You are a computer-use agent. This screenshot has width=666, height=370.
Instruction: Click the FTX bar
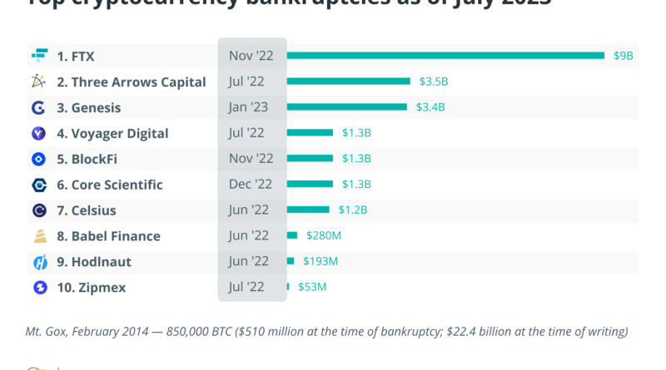click(445, 56)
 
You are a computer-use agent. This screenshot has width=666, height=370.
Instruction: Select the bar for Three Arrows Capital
click(349, 81)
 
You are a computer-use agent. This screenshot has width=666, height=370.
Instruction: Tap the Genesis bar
click(347, 107)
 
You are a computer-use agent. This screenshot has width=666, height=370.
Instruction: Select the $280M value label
click(324, 236)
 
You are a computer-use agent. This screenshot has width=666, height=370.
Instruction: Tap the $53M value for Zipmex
click(312, 288)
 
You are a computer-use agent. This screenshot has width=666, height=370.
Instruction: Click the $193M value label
click(321, 262)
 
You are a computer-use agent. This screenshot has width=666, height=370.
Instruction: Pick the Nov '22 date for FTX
click(251, 56)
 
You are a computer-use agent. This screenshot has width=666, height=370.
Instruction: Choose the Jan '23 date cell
click(251, 107)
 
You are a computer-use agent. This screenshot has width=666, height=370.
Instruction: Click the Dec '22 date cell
click(251, 185)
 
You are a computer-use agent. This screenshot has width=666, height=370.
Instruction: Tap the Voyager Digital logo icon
click(38, 133)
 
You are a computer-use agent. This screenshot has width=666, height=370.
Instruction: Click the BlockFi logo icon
click(38, 159)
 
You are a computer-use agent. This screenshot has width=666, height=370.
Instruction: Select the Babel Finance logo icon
click(38, 236)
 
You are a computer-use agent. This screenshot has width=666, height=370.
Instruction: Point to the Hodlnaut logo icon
click(38, 262)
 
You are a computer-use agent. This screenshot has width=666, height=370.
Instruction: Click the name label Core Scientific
click(110, 185)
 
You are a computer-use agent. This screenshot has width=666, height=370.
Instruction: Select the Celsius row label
click(87, 210)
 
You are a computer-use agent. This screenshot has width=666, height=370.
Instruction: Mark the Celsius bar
click(309, 210)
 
